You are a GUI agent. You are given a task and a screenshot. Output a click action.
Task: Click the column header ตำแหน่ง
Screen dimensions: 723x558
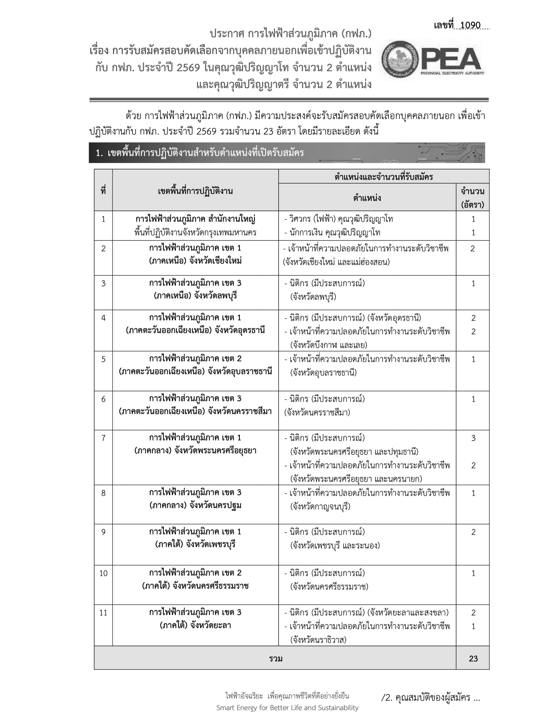[x=367, y=198]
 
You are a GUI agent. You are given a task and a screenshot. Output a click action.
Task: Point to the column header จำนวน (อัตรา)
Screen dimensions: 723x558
[x=472, y=198]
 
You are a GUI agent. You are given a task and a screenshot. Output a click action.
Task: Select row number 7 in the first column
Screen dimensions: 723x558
[x=103, y=438]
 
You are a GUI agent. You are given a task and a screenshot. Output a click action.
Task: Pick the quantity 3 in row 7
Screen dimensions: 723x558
[x=473, y=438]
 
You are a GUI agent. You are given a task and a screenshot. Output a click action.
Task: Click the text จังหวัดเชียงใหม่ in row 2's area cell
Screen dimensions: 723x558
[x=215, y=261]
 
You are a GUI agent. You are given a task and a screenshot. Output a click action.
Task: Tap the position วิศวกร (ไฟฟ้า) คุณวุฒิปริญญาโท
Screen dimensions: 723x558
[x=341, y=219]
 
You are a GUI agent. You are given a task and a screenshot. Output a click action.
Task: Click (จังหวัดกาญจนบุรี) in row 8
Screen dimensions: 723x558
[x=320, y=506]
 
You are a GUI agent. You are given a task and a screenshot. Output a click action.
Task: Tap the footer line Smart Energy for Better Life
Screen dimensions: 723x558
[x=287, y=707]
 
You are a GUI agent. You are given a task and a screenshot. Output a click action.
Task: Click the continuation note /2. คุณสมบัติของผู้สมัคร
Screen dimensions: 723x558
[x=430, y=698]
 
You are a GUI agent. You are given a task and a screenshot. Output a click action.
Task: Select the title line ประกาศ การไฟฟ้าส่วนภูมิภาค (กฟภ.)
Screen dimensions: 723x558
[x=291, y=34]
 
